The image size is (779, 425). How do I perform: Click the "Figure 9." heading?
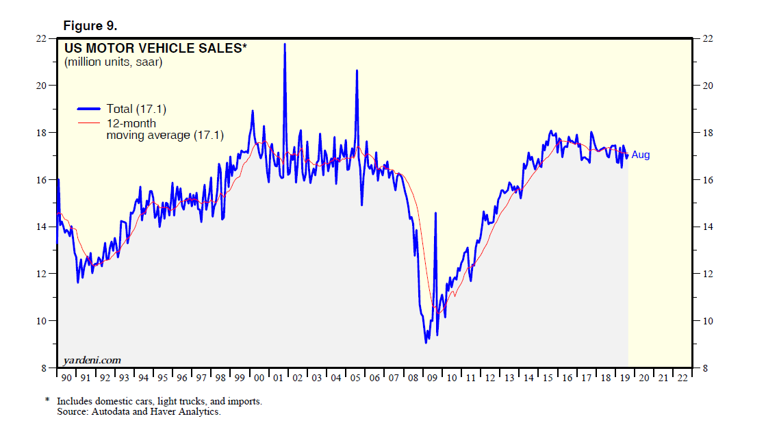pos(90,26)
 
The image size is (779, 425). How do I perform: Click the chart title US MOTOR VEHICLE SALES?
pos(155,49)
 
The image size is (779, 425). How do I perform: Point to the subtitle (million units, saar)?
pos(114,62)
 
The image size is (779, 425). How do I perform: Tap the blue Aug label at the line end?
pos(641,155)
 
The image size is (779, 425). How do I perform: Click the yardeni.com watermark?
pos(92,360)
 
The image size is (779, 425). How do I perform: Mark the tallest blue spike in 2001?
pos(285,44)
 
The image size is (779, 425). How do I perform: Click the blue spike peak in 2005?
pos(356,70)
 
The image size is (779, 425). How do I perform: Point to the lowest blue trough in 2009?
pos(426,342)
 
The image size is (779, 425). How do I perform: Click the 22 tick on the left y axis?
pos(42,38)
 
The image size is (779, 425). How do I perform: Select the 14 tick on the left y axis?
pos(42,227)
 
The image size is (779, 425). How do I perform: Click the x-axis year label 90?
pos(66,378)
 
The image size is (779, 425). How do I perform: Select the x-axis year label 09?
pos(431,378)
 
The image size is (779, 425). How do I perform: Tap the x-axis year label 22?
pos(682,378)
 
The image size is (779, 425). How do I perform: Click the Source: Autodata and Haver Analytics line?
pos(138,411)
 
